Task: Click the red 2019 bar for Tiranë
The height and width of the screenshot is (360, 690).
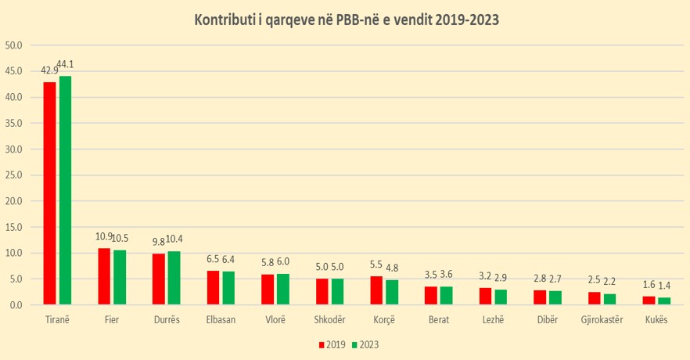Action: click(x=49, y=193)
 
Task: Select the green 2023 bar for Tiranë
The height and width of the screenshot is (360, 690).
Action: click(x=65, y=189)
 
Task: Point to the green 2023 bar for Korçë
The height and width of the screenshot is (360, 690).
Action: click(x=391, y=292)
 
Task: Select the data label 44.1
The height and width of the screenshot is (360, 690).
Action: click(x=67, y=64)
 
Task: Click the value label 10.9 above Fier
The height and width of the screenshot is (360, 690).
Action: click(x=104, y=236)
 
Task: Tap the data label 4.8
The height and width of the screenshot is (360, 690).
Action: click(x=392, y=268)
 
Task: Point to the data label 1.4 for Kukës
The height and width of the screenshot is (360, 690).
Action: click(x=664, y=286)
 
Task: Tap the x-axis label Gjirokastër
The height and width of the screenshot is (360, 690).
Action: click(x=602, y=319)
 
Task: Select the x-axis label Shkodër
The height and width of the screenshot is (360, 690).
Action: click(x=329, y=319)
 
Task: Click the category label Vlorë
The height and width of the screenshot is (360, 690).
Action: click(x=275, y=319)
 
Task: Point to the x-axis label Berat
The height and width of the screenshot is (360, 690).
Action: click(x=439, y=319)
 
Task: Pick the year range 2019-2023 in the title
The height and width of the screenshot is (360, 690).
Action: click(x=459, y=19)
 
